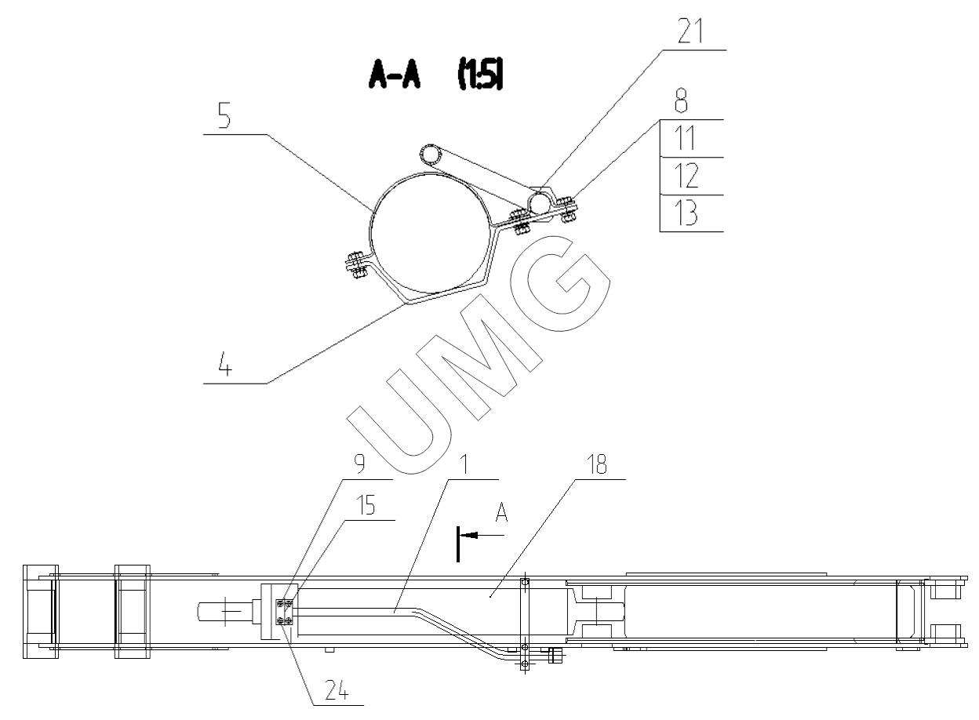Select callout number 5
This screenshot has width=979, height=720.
[x=224, y=116]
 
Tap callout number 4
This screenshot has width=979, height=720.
[x=225, y=365]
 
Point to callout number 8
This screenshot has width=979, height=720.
[x=681, y=101]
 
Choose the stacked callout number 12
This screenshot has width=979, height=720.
[x=686, y=176]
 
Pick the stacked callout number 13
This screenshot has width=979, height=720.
[x=686, y=213]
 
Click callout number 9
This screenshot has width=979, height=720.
[x=359, y=464]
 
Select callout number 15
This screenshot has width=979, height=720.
[x=366, y=505]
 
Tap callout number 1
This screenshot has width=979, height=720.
[x=464, y=464]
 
